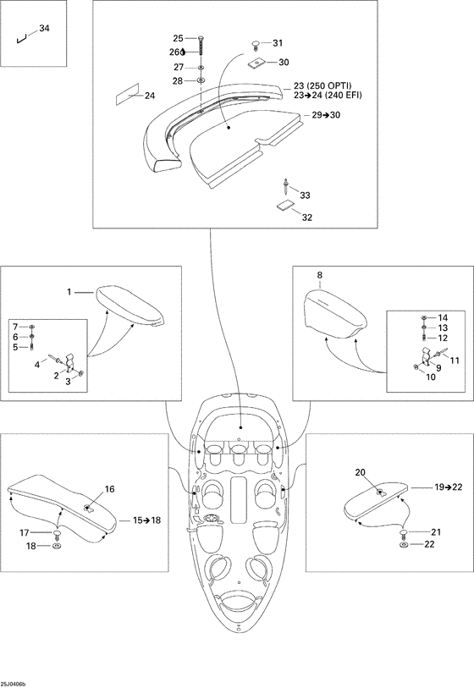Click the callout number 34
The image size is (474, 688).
(44, 29)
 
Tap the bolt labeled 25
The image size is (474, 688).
(201, 45)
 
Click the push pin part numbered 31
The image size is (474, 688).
(256, 43)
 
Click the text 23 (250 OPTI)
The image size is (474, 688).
(322, 86)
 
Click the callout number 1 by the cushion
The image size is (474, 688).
(69, 291)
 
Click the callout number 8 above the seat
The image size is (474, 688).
(319, 275)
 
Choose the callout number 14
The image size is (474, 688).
(443, 317)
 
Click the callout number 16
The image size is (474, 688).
(109, 489)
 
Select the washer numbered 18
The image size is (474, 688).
(57, 546)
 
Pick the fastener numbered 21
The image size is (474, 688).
(404, 533)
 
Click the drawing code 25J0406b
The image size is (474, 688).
(14, 684)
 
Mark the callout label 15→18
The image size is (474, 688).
(147, 520)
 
